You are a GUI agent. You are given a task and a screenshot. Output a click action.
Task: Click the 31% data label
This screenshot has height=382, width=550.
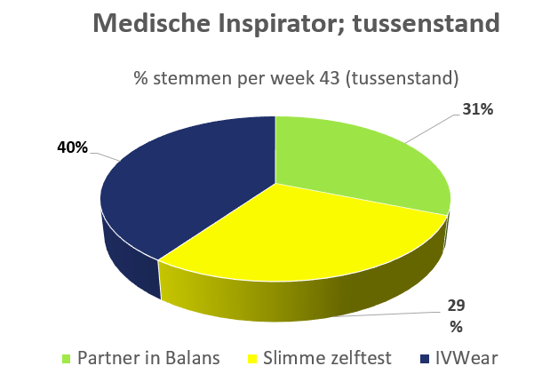coord(477,109)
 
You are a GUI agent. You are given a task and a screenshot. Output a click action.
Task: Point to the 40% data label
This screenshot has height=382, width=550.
coord(72,147)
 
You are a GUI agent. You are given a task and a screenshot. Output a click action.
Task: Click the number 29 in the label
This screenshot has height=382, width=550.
coord(456,306)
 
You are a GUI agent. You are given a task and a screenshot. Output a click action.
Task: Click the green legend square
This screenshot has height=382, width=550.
coord(66,359)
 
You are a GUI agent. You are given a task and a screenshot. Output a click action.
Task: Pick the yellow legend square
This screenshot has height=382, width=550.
coord(252,359)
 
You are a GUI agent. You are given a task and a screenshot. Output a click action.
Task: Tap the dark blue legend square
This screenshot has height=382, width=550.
coord(425,359)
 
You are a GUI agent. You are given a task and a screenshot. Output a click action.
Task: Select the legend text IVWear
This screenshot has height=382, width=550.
coord(466,359)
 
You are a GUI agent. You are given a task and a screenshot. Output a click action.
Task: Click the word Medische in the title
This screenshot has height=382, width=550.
coord(152,23)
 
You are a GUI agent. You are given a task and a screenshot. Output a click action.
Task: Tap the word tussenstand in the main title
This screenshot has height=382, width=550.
coord(426,23)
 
